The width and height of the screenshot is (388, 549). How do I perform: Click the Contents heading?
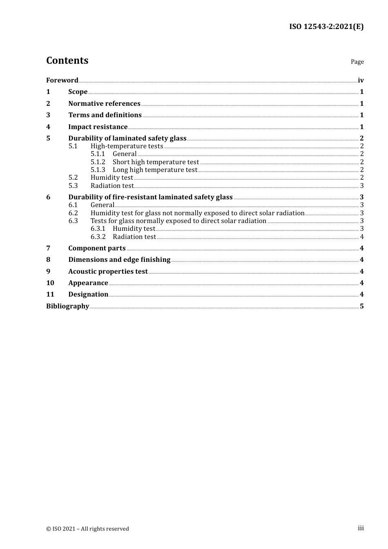tap(67, 60)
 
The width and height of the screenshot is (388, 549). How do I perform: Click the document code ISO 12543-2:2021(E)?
tap(326, 27)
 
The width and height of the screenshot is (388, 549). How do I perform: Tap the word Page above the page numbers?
tap(357, 62)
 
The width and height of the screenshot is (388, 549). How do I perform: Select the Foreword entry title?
tap(62, 80)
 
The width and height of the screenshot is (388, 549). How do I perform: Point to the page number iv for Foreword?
tap(361, 80)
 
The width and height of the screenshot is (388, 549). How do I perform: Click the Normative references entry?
tap(104, 104)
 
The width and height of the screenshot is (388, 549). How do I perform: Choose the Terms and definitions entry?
tap(105, 115)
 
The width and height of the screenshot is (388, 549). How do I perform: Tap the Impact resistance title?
tap(98, 127)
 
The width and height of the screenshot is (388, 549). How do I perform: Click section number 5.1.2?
tap(98, 162)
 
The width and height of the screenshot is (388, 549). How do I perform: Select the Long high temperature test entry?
tap(155, 170)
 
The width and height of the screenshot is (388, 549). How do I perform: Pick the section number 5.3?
tap(73, 186)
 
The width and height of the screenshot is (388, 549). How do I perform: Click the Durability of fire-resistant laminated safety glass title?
tap(150, 197)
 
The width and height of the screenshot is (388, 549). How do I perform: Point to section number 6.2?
tap(73, 213)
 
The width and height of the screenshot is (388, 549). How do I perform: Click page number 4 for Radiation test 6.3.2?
tap(362, 237)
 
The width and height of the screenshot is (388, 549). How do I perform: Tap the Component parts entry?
tap(97, 248)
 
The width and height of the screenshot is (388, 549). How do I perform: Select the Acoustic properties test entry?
tap(108, 272)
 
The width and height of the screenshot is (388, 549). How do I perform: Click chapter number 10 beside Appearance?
tap(50, 283)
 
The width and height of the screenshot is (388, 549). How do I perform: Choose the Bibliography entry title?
tap(67, 306)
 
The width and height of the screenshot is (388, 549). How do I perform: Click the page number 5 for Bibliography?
tap(362, 306)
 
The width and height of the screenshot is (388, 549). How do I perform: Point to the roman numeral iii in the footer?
tap(361, 528)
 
